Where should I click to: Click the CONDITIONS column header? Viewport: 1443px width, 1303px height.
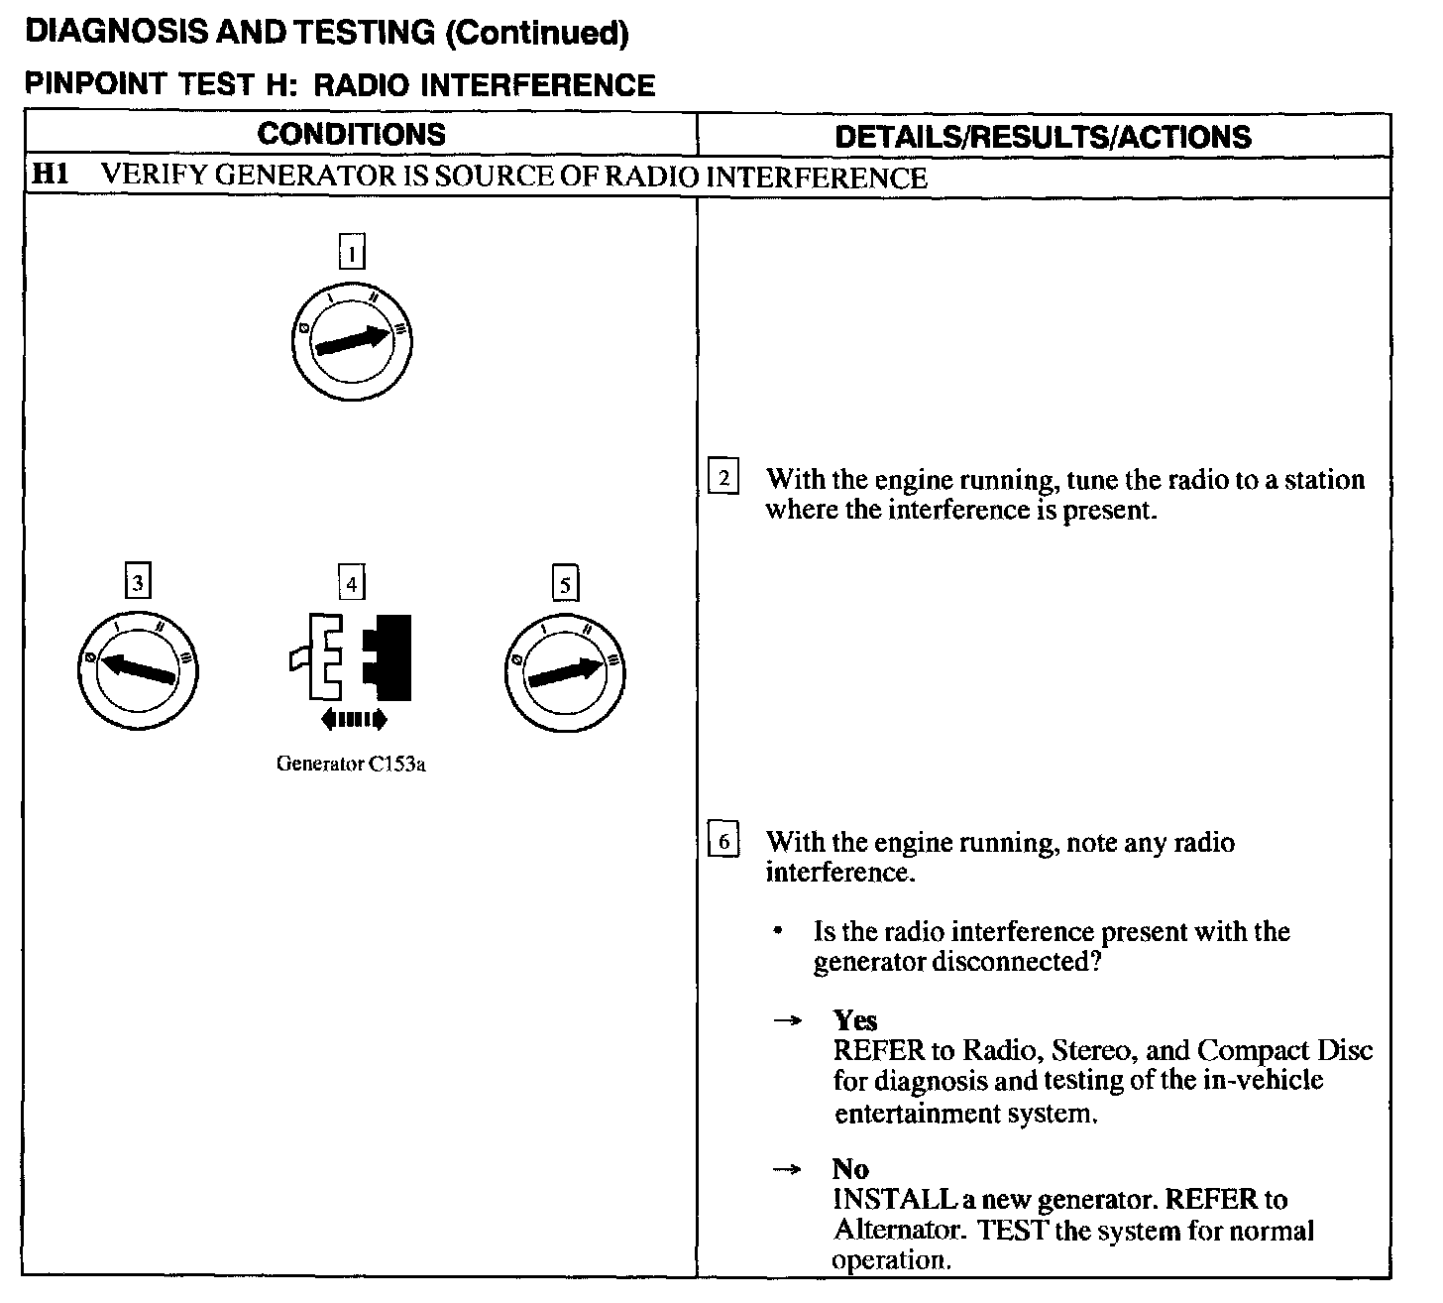[352, 135]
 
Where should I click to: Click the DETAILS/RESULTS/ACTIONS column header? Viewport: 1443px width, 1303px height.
[1043, 137]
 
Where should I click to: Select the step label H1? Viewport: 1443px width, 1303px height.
[50, 177]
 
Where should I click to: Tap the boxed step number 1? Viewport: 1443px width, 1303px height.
[352, 252]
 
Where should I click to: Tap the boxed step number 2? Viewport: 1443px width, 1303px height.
[723, 479]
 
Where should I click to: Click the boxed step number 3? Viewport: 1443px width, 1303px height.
[138, 582]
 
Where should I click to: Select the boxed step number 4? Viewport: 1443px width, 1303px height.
[352, 582]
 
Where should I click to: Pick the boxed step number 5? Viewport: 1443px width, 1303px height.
[565, 584]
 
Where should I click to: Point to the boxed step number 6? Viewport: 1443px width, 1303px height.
[723, 842]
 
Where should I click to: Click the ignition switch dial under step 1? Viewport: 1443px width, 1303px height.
[352, 341]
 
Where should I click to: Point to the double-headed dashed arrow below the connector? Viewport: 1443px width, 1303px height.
[354, 719]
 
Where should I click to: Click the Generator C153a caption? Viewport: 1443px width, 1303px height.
[351, 765]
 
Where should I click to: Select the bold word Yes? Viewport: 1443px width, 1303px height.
[855, 1020]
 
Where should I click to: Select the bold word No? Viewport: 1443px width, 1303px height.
[850, 1169]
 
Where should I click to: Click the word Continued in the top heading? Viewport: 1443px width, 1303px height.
[536, 33]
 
